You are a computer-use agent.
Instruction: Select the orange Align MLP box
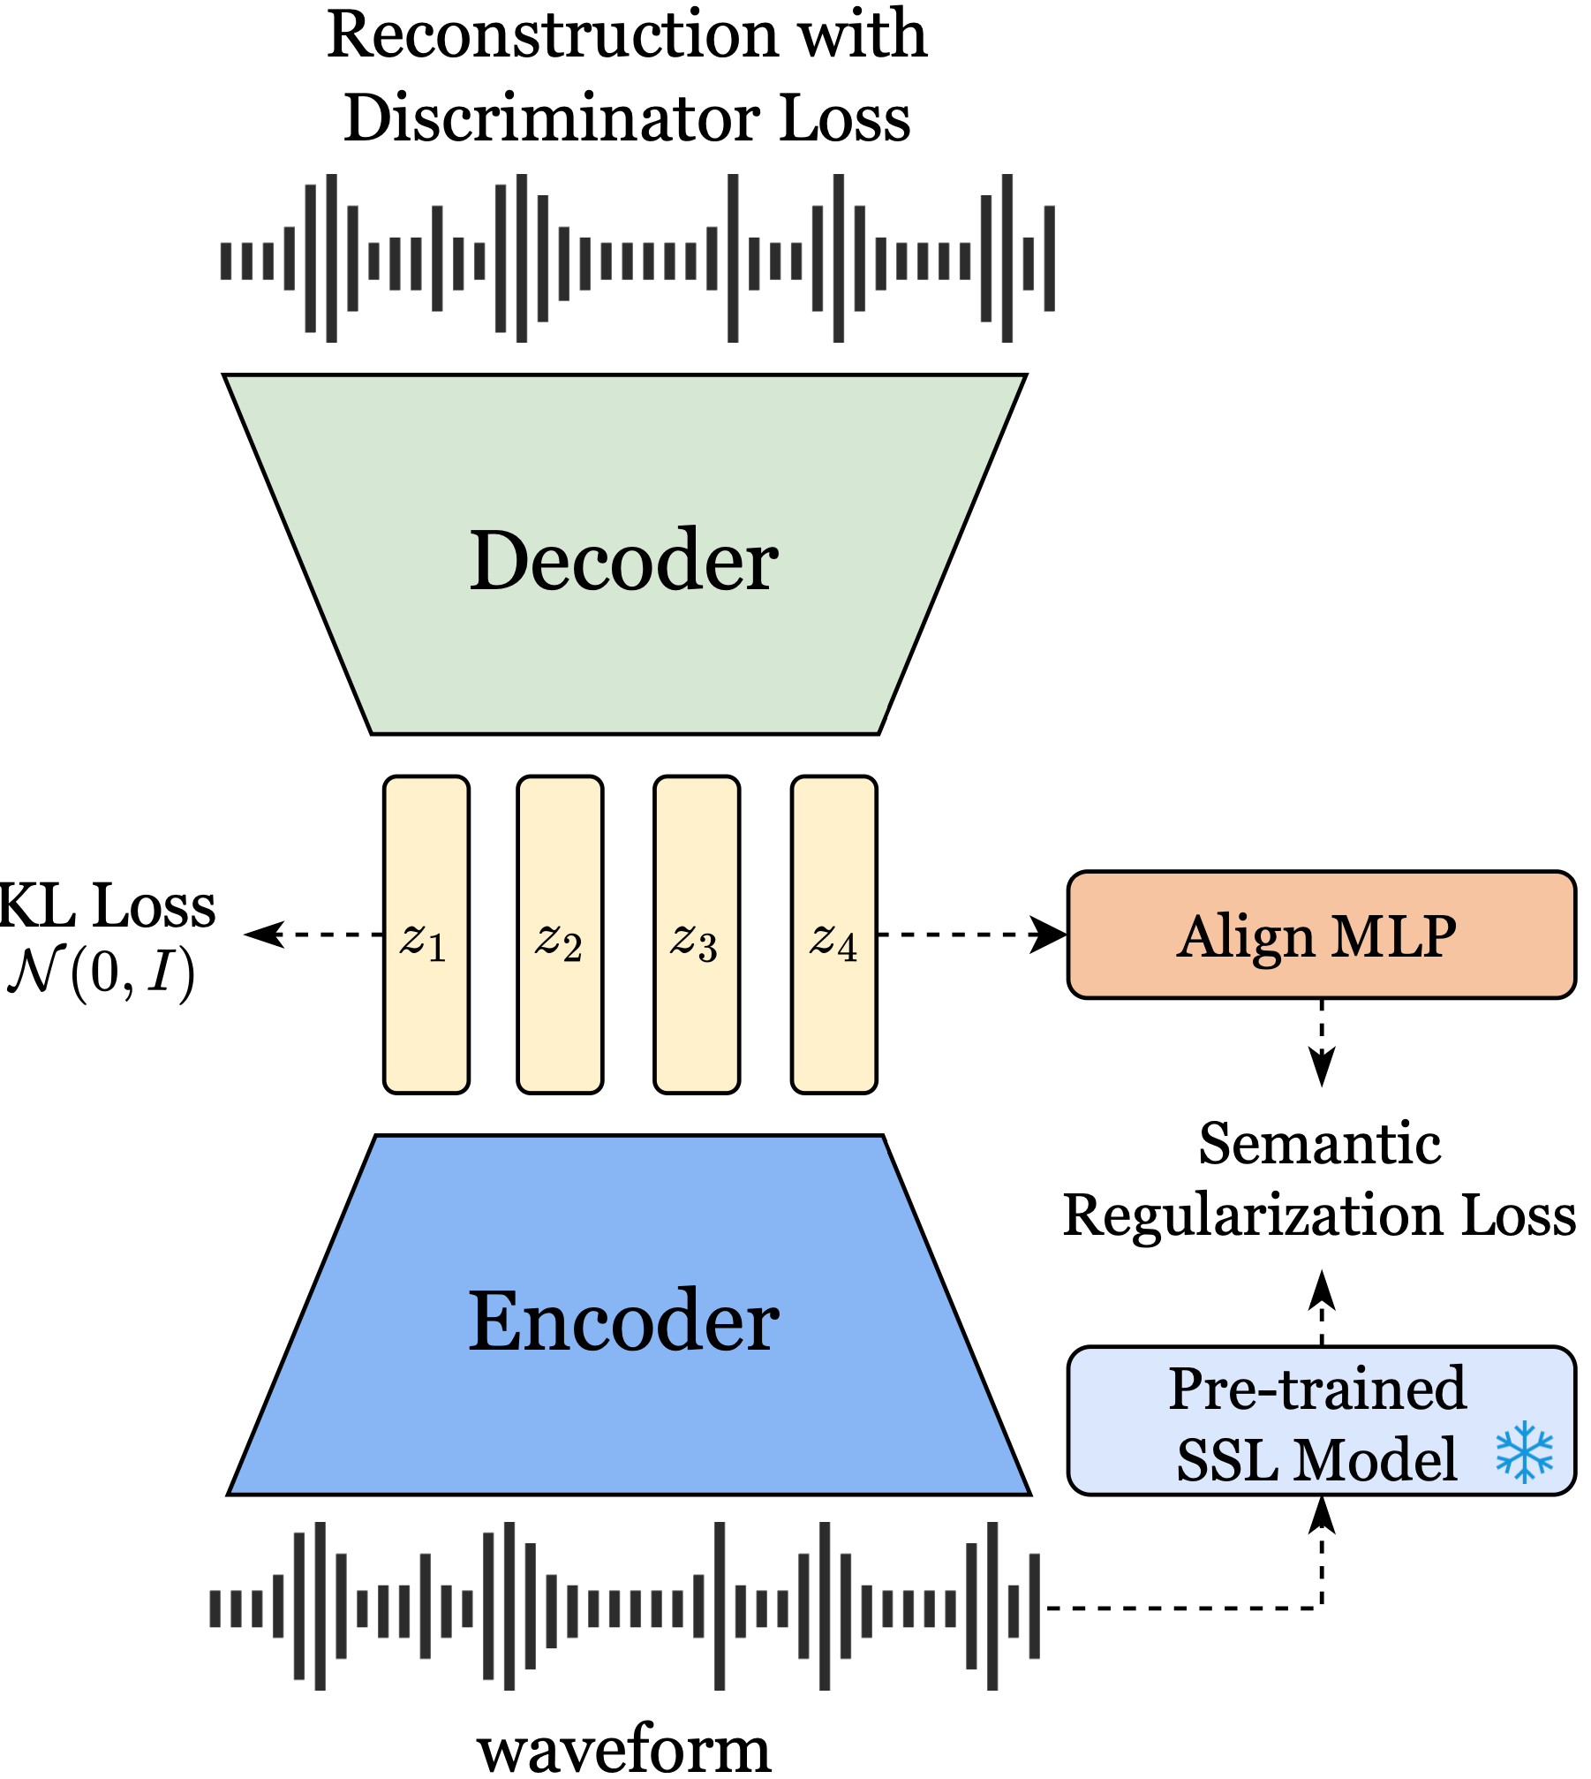coord(1321,935)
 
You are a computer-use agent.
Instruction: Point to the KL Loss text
coord(106,906)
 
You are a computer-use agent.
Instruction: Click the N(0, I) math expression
coord(101,973)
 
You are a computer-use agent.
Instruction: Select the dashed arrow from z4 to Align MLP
coord(971,935)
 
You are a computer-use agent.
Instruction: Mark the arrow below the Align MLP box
coord(1322,1042)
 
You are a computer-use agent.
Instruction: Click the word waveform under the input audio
coord(624,1749)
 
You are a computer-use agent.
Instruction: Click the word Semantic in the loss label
coord(1320,1145)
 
